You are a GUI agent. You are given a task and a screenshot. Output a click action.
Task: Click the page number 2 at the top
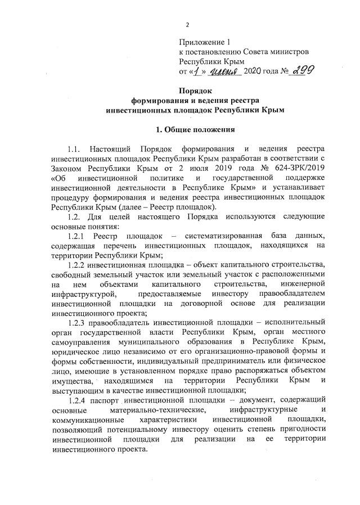tap(187, 25)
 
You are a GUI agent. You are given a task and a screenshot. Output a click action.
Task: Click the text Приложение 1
tap(205, 42)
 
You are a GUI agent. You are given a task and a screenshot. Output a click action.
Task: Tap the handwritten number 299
tap(300, 70)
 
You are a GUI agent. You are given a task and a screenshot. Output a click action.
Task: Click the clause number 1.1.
tap(74, 150)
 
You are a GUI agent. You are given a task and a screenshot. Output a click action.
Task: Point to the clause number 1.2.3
tap(78, 323)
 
